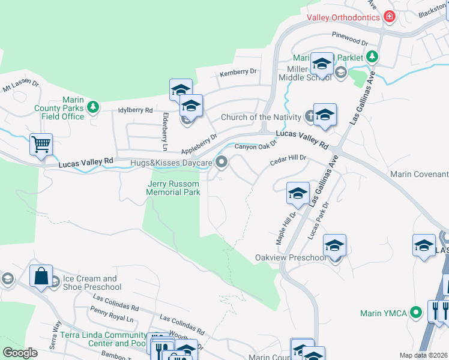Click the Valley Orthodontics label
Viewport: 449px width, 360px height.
click(x=343, y=17)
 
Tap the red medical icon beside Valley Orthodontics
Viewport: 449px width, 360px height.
click(x=390, y=17)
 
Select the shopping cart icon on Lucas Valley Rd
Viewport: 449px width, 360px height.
click(x=41, y=144)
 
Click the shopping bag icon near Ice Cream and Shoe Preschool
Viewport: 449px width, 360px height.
click(x=41, y=277)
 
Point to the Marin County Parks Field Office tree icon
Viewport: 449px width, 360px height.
click(x=93, y=107)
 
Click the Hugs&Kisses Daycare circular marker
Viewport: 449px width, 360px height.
click(x=222, y=162)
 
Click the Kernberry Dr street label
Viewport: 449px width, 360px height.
click(x=238, y=72)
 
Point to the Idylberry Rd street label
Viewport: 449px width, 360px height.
click(x=136, y=110)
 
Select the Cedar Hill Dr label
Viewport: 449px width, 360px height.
click(x=288, y=158)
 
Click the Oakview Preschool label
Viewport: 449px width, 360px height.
click(x=291, y=257)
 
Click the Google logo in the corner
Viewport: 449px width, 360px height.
click(x=20, y=353)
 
